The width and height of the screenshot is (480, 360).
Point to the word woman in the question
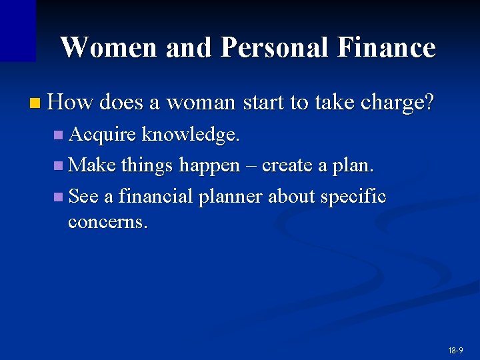click(x=200, y=102)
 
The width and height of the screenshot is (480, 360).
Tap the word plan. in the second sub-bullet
click(x=353, y=165)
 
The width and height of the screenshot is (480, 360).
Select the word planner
click(x=231, y=197)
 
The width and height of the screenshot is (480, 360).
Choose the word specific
click(x=353, y=197)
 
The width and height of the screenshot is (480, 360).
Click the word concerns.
click(x=107, y=221)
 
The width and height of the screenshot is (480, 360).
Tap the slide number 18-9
click(x=456, y=350)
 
